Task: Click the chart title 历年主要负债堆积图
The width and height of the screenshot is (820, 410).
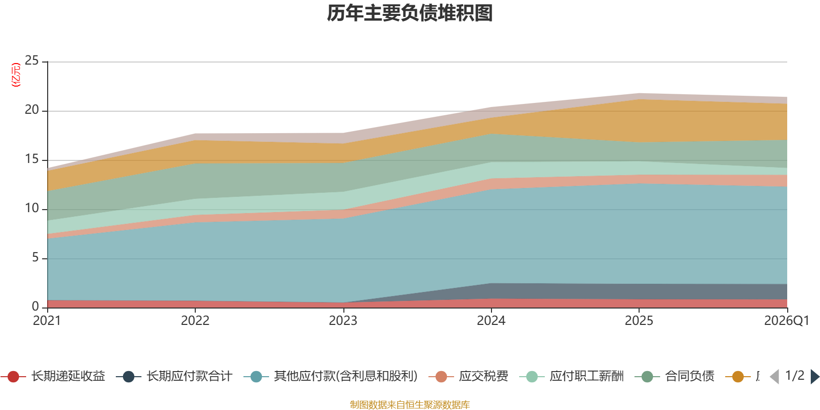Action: click(x=410, y=13)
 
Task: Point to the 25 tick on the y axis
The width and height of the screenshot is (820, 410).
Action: click(x=32, y=61)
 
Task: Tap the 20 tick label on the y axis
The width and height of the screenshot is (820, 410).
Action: click(x=32, y=110)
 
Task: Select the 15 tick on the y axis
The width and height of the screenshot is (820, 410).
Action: click(x=32, y=159)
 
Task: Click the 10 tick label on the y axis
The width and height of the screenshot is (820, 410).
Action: click(x=32, y=209)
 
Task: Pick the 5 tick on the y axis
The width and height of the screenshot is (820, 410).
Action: click(x=35, y=258)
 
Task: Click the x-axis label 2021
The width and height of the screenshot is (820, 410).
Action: click(x=47, y=321)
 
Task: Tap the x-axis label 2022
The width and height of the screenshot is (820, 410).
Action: click(x=195, y=321)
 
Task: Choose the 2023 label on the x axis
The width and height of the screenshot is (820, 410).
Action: click(x=343, y=321)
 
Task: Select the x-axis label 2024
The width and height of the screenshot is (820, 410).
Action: click(x=491, y=321)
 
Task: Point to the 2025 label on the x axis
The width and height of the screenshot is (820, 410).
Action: click(x=639, y=321)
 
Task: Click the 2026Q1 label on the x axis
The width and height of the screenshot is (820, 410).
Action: click(x=786, y=321)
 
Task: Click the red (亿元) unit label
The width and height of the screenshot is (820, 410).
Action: click(x=16, y=75)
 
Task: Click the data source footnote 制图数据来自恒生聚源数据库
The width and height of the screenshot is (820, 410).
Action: click(x=410, y=405)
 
